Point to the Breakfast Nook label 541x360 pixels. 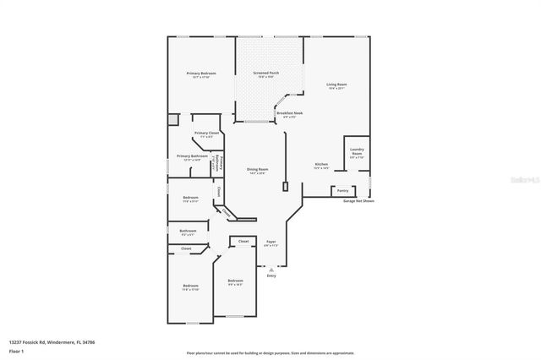(289, 114)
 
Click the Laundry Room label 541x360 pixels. (356, 153)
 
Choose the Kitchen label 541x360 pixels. (321, 166)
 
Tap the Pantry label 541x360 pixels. (342, 190)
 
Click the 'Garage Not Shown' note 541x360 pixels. (358, 201)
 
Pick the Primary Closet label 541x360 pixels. (207, 134)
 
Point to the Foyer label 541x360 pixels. (270, 243)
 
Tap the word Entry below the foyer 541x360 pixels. (271, 275)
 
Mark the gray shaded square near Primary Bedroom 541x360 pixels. (172, 120)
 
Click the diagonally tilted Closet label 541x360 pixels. (226, 212)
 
